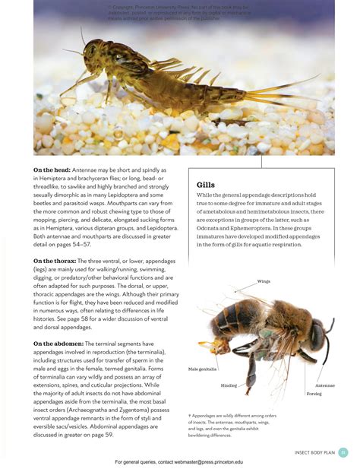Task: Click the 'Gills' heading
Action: (x=205, y=185)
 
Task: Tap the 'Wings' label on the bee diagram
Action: (x=264, y=281)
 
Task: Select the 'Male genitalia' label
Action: (x=203, y=369)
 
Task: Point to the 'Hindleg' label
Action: (x=229, y=385)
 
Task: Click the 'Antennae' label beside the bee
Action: (x=324, y=385)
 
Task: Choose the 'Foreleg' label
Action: (x=314, y=394)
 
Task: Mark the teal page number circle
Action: (x=343, y=452)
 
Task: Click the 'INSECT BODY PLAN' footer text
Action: (x=314, y=453)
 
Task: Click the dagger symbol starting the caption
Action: (x=190, y=417)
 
